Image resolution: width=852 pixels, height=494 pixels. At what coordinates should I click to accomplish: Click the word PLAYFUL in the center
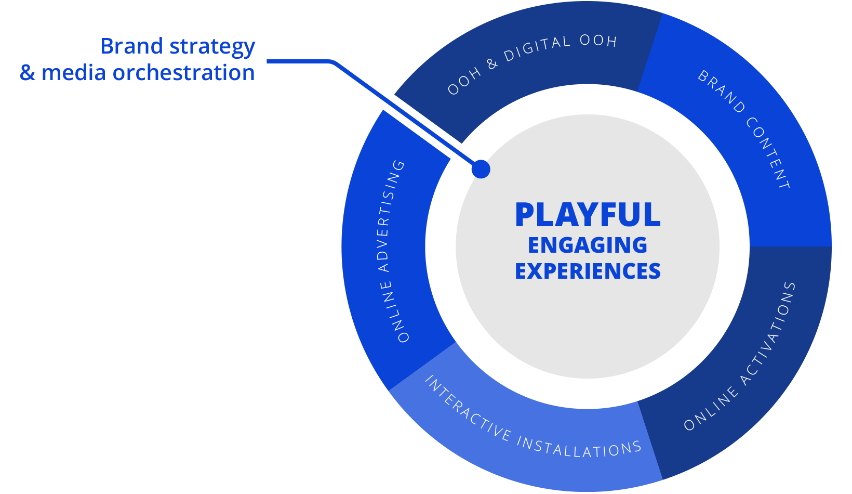[x=588, y=215]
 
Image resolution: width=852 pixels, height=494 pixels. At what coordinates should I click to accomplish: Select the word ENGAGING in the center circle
[x=588, y=245]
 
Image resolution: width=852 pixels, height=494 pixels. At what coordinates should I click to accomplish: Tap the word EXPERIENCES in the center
[x=588, y=271]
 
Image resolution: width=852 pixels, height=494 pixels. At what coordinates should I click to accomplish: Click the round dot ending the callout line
[x=481, y=169]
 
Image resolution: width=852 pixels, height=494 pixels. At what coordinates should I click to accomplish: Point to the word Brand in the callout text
[x=131, y=46]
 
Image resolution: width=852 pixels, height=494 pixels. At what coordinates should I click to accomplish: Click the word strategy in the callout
[x=212, y=47]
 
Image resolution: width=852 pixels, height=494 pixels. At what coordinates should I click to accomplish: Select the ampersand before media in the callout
[x=28, y=73]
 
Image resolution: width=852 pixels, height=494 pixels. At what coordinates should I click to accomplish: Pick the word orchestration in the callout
[x=184, y=72]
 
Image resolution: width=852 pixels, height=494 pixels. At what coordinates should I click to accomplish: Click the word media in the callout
[x=73, y=72]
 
